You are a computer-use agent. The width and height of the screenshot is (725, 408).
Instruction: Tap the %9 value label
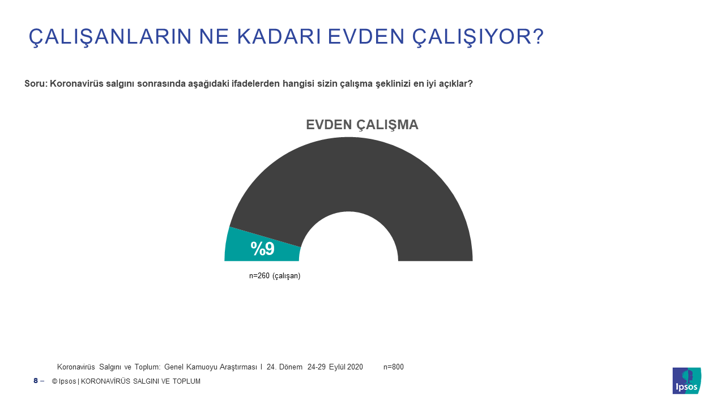[262, 249]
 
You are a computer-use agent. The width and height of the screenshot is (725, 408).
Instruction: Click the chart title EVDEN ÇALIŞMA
[362, 125]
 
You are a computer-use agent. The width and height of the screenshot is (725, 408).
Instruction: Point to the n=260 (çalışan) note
[275, 276]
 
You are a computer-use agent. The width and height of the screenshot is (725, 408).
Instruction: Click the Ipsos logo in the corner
[687, 380]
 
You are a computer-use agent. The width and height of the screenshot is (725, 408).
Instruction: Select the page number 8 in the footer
[36, 381]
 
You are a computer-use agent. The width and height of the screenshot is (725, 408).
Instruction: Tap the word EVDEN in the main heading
[366, 36]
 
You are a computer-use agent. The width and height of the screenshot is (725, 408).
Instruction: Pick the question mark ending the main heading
[538, 36]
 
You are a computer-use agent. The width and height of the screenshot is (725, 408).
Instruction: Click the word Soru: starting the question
[36, 83]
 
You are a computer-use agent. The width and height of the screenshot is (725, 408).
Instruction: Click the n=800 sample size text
[394, 367]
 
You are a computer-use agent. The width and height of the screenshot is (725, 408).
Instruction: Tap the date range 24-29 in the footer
[317, 367]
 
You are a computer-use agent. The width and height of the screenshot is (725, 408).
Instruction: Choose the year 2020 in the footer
[355, 367]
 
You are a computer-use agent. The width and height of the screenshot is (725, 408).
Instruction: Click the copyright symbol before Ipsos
[55, 381]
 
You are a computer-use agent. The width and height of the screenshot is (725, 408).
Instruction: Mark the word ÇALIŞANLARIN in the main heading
[110, 37]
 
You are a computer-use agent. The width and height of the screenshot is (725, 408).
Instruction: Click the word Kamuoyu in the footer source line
[202, 367]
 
